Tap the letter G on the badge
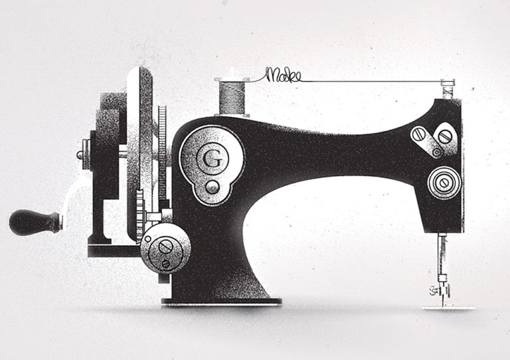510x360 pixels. (x=212, y=159)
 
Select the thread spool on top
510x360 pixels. (x=232, y=97)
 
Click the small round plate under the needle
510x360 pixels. (x=448, y=308)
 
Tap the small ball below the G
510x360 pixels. (x=212, y=187)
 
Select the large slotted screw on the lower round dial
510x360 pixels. (x=165, y=248)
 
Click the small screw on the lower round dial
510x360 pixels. (x=166, y=264)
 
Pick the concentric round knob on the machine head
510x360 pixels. (x=444, y=183)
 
